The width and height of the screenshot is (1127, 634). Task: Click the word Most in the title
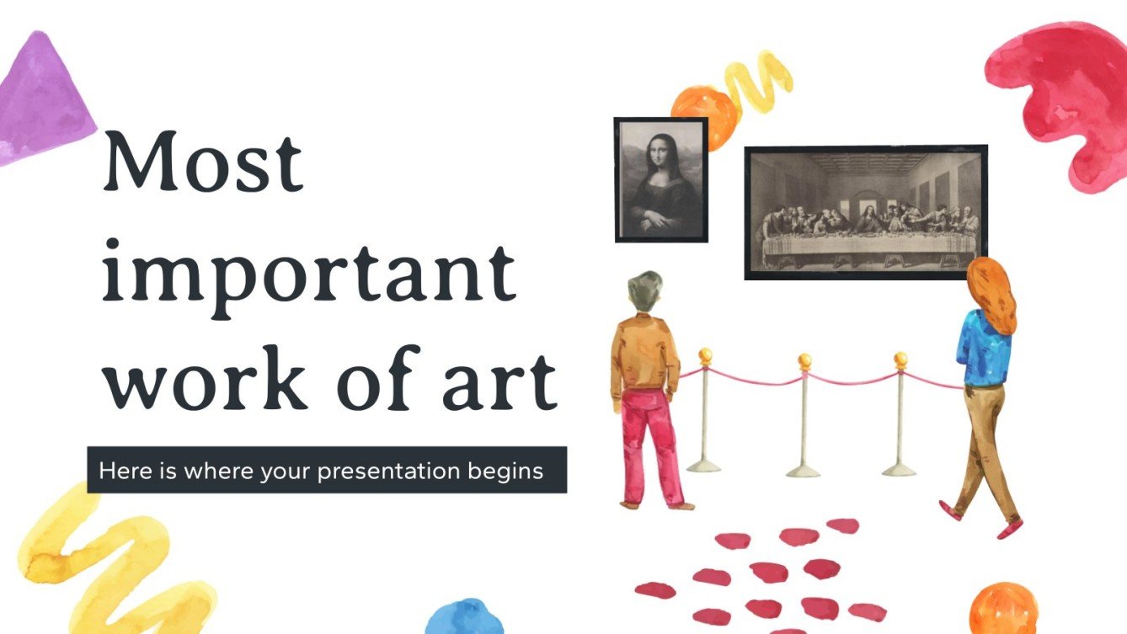point(201,162)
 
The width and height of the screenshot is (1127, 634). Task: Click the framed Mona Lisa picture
point(661,179)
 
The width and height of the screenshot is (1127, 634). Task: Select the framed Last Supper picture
point(865,211)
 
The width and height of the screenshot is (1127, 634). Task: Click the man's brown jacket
point(644,354)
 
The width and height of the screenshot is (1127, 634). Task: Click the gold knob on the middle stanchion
point(804,361)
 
